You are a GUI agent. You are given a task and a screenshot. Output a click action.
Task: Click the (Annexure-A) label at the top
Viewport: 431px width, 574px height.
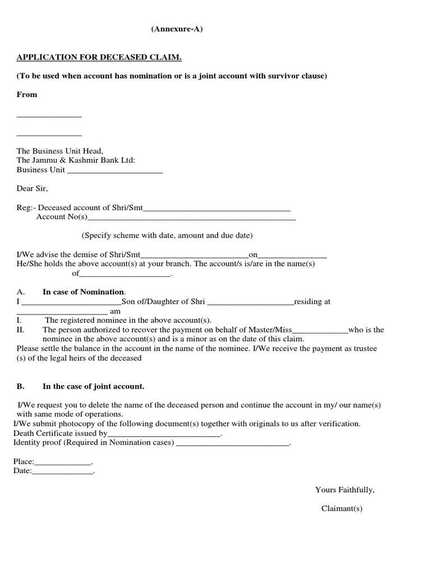[176, 30]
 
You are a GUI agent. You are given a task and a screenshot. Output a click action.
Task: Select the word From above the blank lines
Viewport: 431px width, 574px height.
[27, 94]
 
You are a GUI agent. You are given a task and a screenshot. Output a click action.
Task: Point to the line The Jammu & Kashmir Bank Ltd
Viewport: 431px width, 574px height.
[76, 160]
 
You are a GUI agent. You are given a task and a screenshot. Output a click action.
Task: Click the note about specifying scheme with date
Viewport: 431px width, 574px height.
[167, 235]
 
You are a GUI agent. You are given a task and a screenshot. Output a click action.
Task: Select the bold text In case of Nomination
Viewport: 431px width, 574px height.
[84, 292]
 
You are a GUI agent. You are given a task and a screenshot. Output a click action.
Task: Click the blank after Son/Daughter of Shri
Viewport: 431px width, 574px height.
[250, 302]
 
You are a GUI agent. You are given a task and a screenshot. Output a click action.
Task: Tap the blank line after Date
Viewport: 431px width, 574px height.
[62, 472]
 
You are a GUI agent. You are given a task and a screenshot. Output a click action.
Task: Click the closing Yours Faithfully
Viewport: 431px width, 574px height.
[345, 490]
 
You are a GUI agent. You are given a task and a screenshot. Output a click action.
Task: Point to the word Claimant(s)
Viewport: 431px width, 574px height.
[342, 508]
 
